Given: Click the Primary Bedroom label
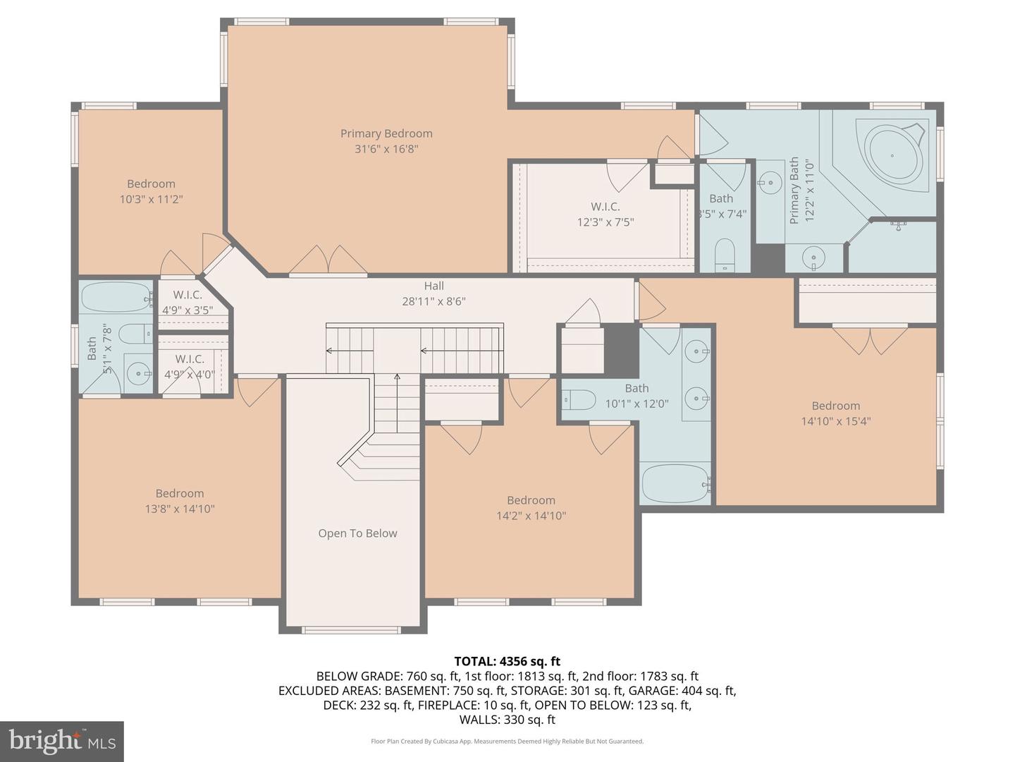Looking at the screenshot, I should pyautogui.click(x=386, y=133).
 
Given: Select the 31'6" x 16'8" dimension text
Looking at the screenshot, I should pyautogui.click(x=386, y=149).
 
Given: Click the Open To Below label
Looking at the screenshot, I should pyautogui.click(x=357, y=533).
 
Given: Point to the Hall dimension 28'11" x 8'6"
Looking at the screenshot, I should pyautogui.click(x=433, y=301).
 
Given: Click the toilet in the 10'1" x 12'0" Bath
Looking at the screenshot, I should pyautogui.click(x=579, y=400).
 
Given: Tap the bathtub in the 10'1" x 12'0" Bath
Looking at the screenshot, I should pyautogui.click(x=675, y=483).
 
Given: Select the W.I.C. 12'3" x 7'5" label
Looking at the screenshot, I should pyautogui.click(x=605, y=214).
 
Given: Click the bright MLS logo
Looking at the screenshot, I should pyautogui.click(x=62, y=741).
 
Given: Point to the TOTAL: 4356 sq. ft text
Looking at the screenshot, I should pyautogui.click(x=507, y=661).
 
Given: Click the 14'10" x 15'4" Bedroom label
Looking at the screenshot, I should pyautogui.click(x=835, y=406).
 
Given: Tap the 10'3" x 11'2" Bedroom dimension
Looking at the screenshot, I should pyautogui.click(x=151, y=200).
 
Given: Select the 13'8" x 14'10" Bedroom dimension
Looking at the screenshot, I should pyautogui.click(x=180, y=509).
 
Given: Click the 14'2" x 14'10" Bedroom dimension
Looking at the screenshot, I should pyautogui.click(x=531, y=516).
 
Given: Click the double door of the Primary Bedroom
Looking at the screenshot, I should pyautogui.click(x=328, y=260).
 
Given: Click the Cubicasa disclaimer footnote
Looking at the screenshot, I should pyautogui.click(x=507, y=742).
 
